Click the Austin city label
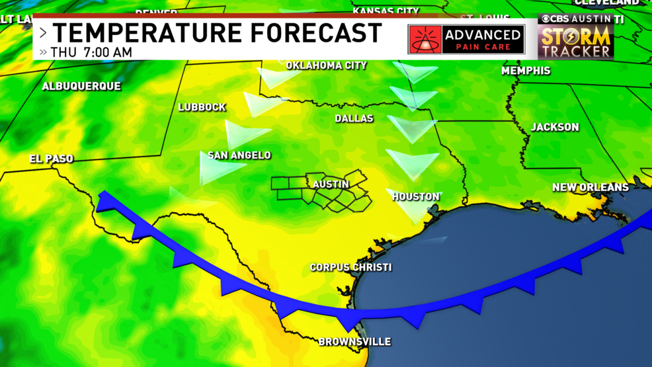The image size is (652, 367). point(331,184)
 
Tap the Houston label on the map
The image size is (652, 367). point(415,196)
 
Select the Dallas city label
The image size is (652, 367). point(354,118)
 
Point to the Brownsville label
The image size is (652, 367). point(354,341)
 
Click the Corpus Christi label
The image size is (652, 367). point(350,267)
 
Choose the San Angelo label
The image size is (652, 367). point(239,155)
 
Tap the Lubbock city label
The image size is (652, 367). point(202,107)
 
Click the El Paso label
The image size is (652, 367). point(51,159)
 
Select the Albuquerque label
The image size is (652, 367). point(81,86)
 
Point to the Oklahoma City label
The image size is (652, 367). point(326,65)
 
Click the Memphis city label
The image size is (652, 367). point(526,70)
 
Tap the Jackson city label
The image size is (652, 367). point(555,127)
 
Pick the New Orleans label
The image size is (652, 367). point(591,187)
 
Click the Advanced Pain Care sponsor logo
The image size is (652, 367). point(466,40)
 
